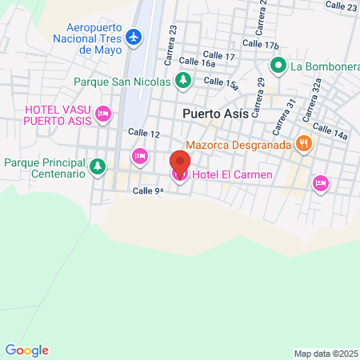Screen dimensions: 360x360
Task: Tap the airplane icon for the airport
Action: [x=134, y=37]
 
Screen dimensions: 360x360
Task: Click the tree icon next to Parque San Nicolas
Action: [x=183, y=80]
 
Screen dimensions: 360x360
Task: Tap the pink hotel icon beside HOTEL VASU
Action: [x=102, y=114]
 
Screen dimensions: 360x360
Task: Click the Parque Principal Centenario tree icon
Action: [x=97, y=166]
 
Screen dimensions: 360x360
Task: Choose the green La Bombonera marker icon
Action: [x=278, y=66]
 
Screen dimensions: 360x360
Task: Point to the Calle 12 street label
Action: [x=144, y=134]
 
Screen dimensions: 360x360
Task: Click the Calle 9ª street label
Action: [x=148, y=190]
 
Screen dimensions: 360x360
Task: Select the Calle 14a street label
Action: [x=330, y=131]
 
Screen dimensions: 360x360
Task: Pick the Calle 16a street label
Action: [x=198, y=62]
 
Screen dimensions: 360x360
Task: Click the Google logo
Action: [x=26, y=350]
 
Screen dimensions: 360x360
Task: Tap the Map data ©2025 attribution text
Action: [x=326, y=354]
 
